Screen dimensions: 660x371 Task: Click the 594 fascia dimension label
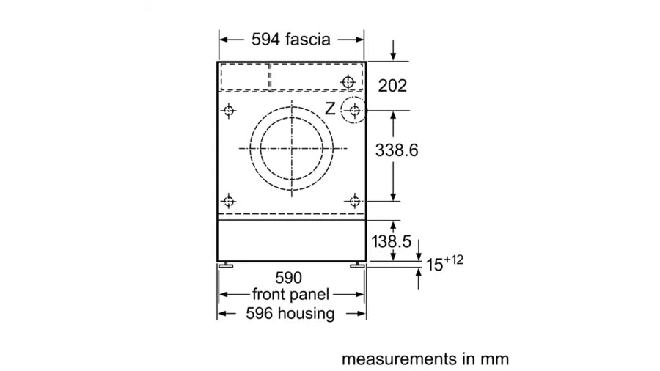point(291,40)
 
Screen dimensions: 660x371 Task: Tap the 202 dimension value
point(392,86)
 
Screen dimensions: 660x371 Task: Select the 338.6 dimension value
point(397,150)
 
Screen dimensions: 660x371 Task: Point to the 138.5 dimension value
point(391,241)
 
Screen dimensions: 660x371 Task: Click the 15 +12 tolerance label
point(444,263)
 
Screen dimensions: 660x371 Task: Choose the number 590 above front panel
point(289,278)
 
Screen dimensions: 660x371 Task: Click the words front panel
point(290,295)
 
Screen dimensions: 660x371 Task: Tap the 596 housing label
point(290,313)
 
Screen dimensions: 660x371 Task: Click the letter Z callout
point(331,109)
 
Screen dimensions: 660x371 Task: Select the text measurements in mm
point(425,359)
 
